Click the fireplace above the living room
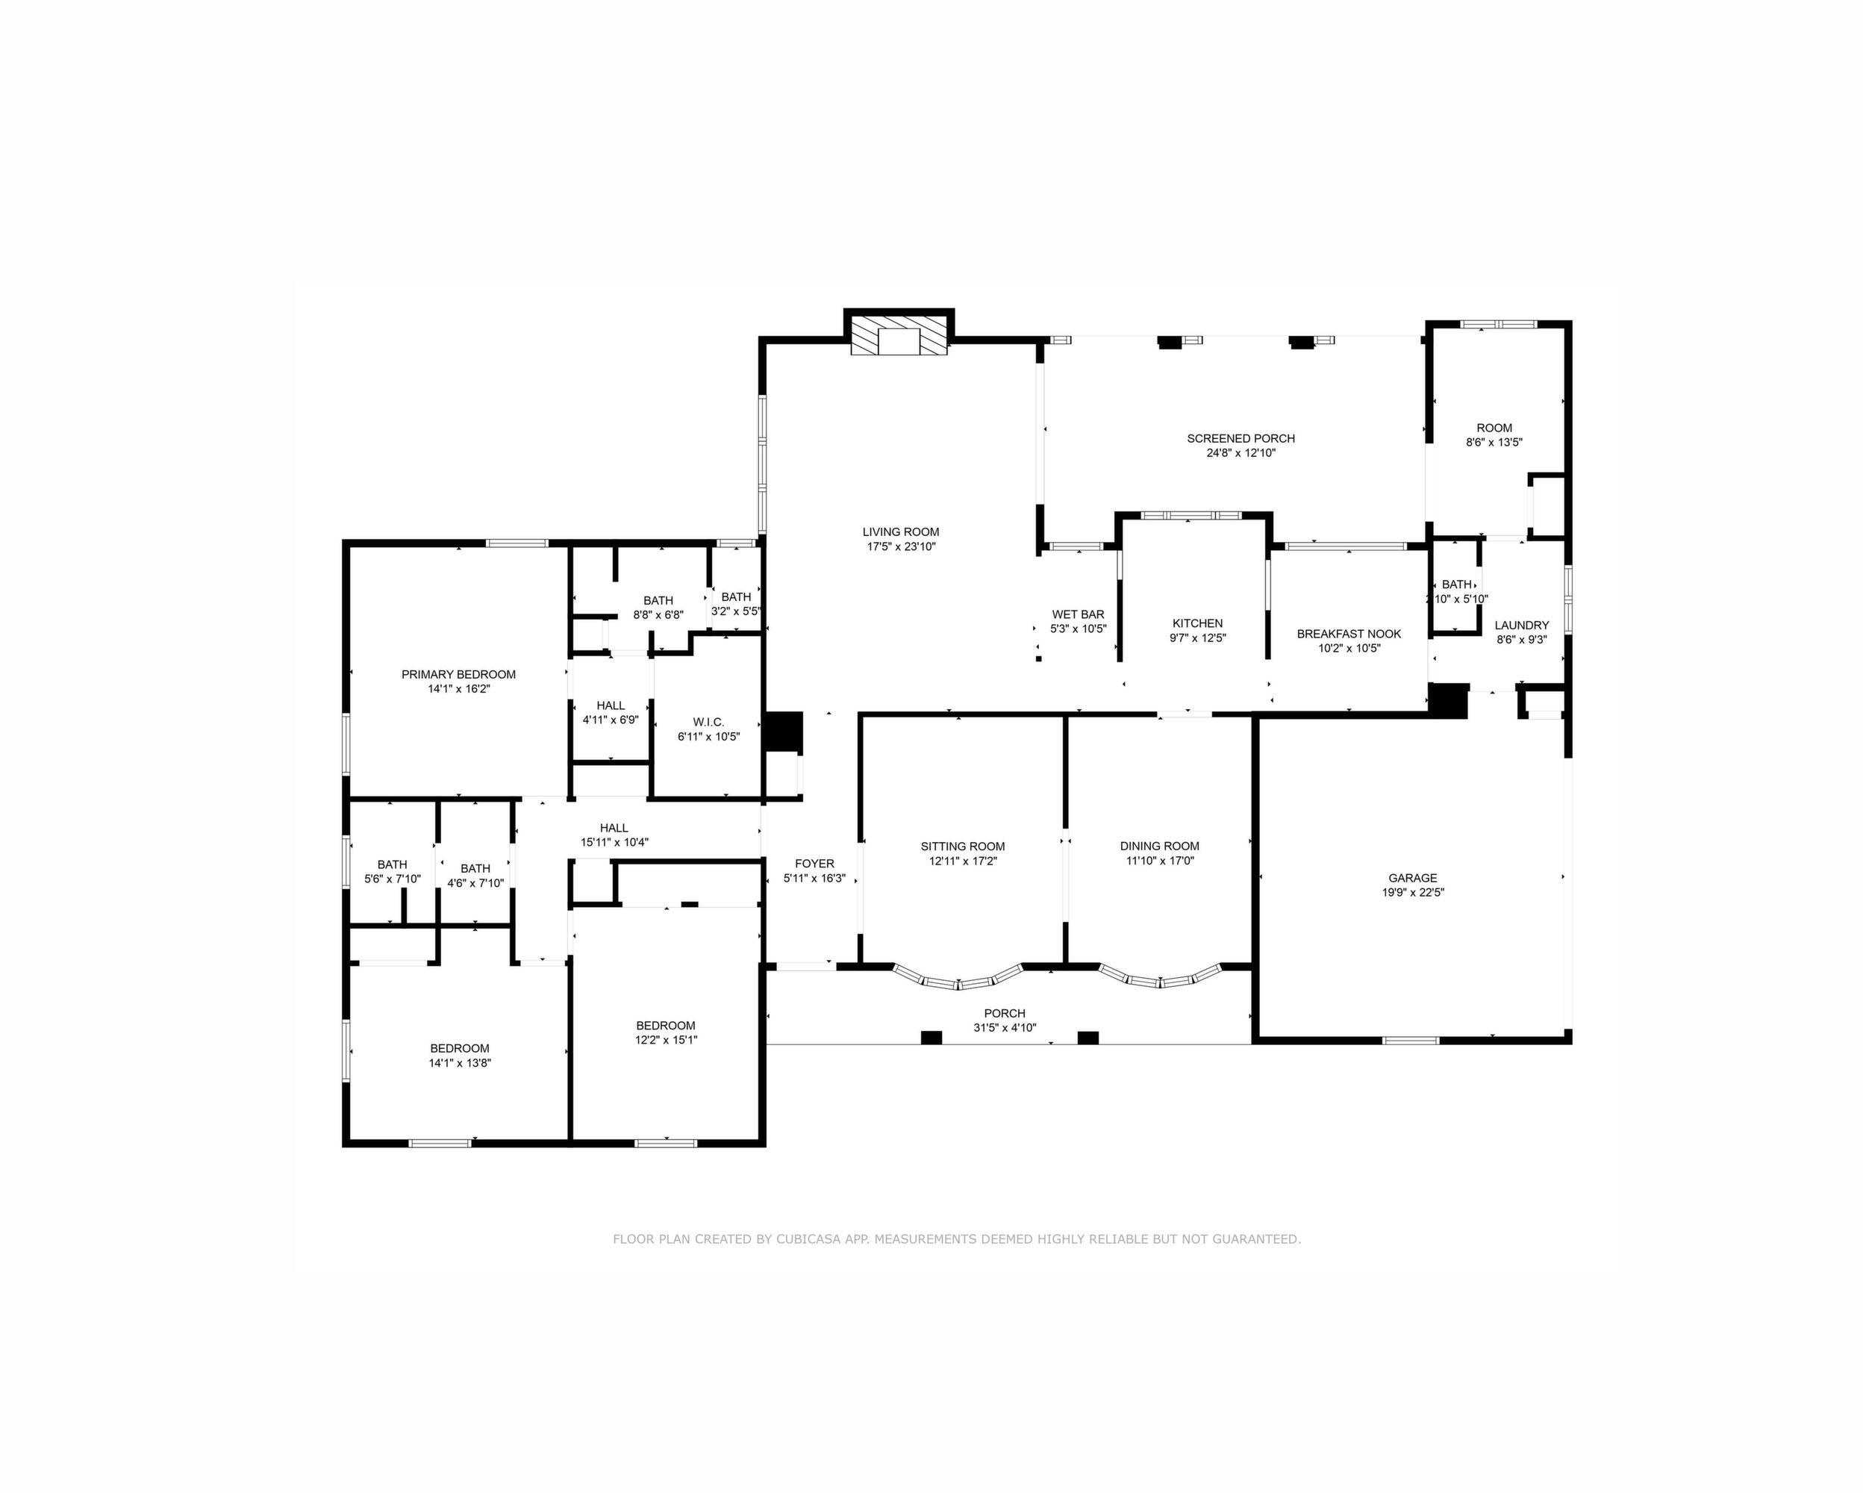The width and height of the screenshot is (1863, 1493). point(899,334)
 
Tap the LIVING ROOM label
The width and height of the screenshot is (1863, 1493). point(900,532)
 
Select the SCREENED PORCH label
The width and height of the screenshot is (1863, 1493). point(1241,439)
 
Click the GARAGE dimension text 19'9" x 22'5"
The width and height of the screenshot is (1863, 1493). point(1413,893)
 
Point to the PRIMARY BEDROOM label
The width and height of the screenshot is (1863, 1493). point(459,675)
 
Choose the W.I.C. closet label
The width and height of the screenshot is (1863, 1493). point(708,723)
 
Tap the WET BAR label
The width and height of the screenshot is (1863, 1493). point(1079,614)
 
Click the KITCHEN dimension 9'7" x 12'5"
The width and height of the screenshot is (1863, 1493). point(1198,638)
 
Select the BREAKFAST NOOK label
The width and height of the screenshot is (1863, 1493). point(1349,635)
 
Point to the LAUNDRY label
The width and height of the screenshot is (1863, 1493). point(1522,626)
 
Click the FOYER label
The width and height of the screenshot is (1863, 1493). point(815,864)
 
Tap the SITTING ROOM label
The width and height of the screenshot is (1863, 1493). point(963,847)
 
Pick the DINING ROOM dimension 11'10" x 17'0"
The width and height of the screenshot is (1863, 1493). point(1160,861)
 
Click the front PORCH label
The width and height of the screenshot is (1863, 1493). point(1005,1014)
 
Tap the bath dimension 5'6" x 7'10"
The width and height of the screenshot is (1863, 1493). point(393,879)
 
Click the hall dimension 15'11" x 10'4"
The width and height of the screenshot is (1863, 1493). point(614,842)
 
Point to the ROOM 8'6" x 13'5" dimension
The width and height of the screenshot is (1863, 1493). point(1494,443)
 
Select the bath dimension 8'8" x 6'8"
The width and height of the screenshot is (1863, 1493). point(658,615)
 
